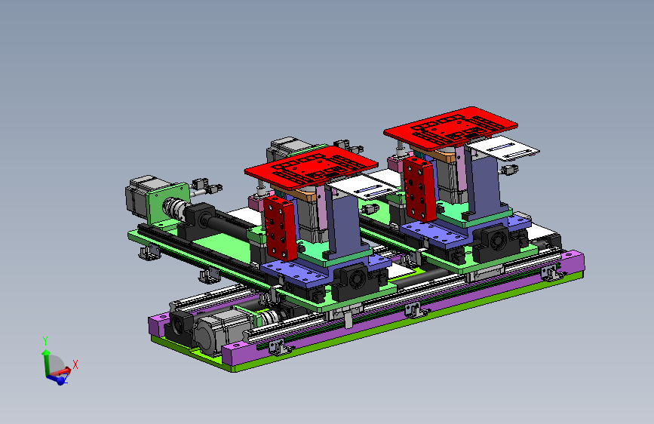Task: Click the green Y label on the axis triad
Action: (45, 341)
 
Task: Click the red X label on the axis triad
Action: (75, 364)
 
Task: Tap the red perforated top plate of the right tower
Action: (450, 128)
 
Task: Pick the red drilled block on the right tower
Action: (419, 189)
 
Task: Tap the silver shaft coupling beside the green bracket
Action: (175, 208)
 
